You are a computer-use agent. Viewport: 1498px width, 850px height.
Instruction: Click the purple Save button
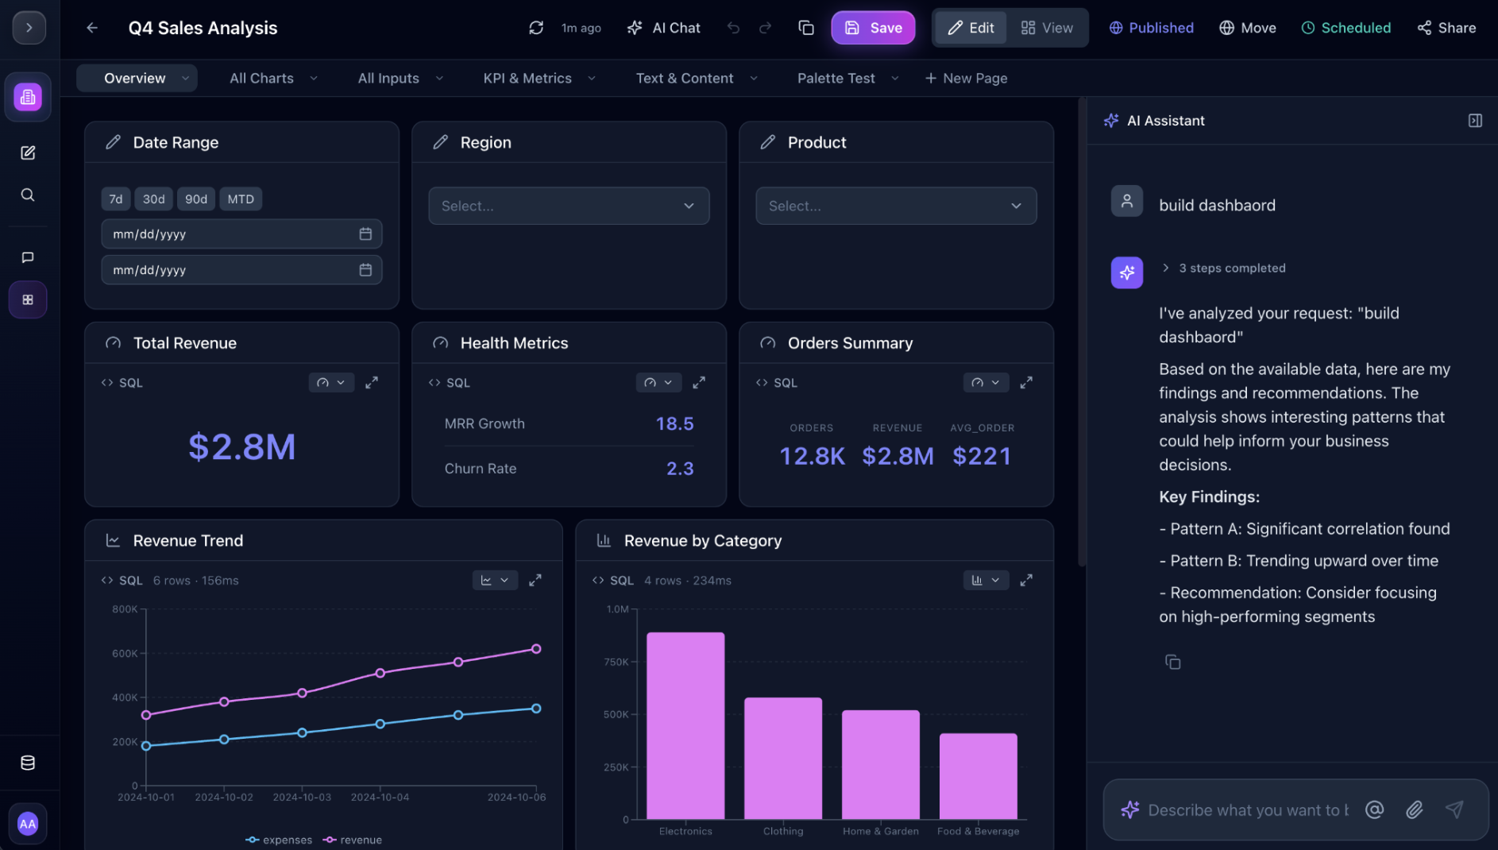[873, 28]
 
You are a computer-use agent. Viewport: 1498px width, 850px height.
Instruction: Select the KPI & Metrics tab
[527, 78]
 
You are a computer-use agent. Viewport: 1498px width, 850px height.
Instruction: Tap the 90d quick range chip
[196, 199]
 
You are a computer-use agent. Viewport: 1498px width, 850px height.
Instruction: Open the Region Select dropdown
[569, 206]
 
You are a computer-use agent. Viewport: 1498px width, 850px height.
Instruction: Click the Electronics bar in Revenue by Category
[685, 724]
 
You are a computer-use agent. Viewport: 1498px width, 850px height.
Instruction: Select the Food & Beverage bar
[978, 775]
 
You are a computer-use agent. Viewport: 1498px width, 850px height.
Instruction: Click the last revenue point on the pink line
[536, 649]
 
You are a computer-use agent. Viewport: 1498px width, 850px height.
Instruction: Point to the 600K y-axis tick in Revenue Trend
[125, 654]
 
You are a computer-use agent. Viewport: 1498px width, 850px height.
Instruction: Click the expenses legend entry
[279, 840]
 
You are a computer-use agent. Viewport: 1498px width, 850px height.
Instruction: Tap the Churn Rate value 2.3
[680, 469]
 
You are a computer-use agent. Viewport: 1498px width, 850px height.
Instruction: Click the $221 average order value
[982, 456]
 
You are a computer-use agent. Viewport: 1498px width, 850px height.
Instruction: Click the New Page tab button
[966, 78]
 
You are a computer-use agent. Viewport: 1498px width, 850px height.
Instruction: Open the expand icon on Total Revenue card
[372, 383]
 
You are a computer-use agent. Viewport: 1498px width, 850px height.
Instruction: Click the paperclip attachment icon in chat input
[1414, 809]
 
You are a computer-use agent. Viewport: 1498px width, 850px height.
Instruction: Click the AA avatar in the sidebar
[28, 824]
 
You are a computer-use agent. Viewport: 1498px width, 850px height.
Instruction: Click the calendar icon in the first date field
[365, 234]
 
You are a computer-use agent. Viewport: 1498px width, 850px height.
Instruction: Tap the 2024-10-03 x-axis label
[302, 797]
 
